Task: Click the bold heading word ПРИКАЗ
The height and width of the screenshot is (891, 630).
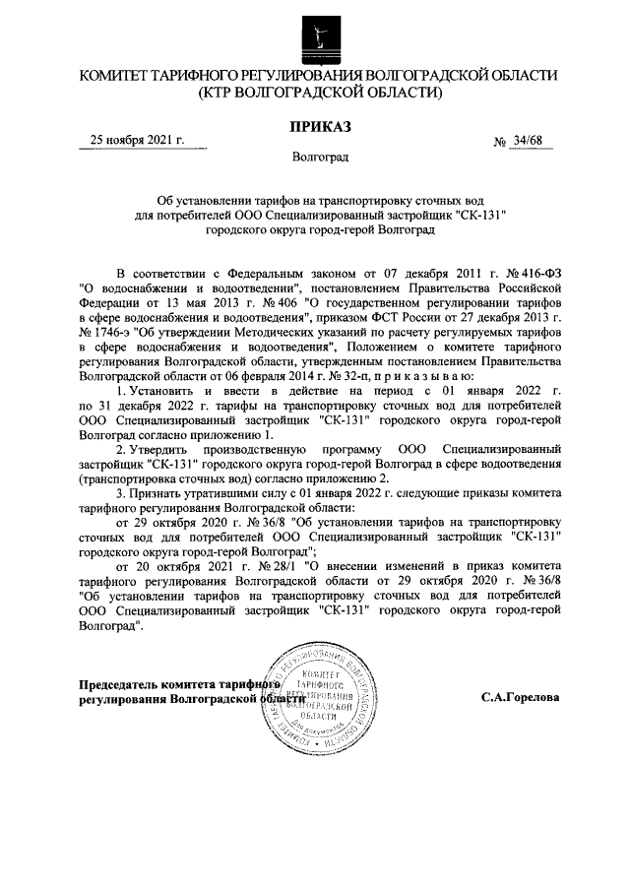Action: click(x=319, y=125)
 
